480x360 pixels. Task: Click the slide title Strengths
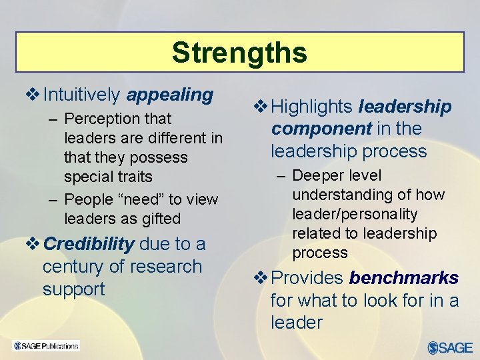pos(239,52)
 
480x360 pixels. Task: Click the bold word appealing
pos(169,95)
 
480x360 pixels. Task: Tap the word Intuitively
pos(81,95)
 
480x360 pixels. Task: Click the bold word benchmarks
pos(404,278)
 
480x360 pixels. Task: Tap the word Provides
pos(307,278)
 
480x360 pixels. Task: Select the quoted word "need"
pos(146,199)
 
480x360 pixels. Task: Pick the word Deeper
pos(318,176)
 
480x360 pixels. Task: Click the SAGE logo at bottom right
pos(450,347)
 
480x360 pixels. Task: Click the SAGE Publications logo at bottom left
pos(46,345)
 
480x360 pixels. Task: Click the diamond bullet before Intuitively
pos(33,95)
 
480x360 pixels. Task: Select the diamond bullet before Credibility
pos(33,244)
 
